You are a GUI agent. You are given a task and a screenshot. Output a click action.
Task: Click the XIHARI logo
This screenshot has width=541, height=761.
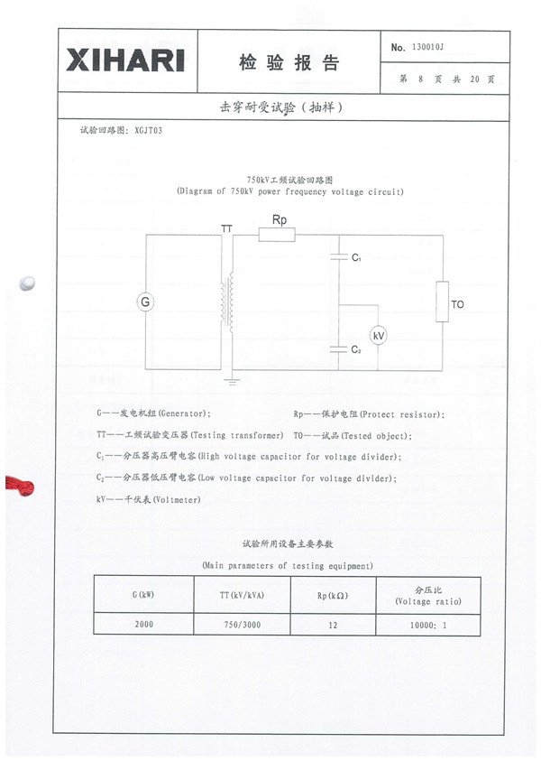click(x=125, y=60)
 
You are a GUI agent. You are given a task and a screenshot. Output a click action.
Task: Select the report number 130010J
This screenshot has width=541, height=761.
click(x=427, y=47)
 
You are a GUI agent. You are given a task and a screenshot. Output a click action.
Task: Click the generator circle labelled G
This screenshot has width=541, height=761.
click(x=145, y=302)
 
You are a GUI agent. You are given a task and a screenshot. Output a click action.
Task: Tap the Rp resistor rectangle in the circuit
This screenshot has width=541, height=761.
click(x=277, y=236)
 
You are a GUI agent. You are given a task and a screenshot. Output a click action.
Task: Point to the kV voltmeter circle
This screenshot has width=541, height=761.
click(x=378, y=336)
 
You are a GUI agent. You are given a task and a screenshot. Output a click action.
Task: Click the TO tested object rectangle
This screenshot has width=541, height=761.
click(x=442, y=302)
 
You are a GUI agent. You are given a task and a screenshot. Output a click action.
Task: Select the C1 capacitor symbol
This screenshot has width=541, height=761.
click(x=339, y=256)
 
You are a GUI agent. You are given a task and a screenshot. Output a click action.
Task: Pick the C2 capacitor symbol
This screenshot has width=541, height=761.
click(x=339, y=349)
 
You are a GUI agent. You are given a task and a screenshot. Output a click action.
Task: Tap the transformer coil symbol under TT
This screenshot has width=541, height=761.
click(x=228, y=302)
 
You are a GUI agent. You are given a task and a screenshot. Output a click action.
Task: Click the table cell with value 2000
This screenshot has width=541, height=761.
click(x=144, y=624)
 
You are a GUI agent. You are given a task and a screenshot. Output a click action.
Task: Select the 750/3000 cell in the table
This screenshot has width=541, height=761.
click(x=243, y=624)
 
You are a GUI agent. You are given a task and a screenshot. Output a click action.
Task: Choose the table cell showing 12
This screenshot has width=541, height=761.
click(x=333, y=625)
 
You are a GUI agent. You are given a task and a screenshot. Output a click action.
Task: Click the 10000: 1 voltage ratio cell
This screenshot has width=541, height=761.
click(x=428, y=625)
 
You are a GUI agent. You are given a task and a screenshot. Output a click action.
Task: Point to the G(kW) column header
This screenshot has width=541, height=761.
click(x=144, y=595)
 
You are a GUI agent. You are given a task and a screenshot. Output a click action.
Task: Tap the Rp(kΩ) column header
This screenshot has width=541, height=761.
click(x=333, y=595)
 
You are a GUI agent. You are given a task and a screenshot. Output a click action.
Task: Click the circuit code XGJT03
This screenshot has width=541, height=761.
click(x=149, y=130)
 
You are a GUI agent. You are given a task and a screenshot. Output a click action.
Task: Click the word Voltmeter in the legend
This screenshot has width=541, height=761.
click(x=177, y=499)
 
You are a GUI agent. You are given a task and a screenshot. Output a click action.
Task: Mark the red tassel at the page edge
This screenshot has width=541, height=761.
click(x=20, y=486)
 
